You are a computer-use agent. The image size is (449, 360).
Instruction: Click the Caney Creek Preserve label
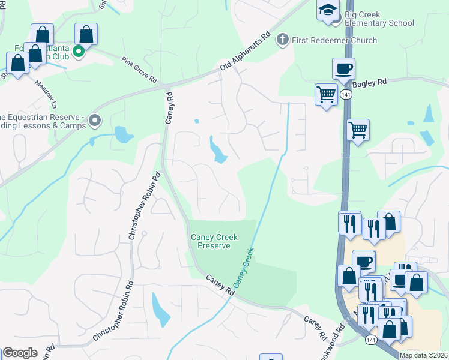tap(210, 241)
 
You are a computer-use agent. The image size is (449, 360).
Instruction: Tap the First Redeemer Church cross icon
tap(282, 40)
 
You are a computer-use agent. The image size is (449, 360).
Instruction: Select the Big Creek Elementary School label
tap(379, 19)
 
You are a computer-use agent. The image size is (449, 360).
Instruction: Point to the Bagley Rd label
tap(372, 86)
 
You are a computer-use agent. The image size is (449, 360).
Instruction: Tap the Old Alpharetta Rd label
tap(246, 52)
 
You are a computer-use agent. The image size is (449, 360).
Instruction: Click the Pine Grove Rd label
tap(139, 70)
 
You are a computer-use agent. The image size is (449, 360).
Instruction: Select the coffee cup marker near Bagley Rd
tap(343, 68)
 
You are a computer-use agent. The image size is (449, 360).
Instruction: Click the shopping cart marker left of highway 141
tap(325, 94)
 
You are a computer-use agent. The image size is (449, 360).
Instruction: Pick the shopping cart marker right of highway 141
tap(358, 129)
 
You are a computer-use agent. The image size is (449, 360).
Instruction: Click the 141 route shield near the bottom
tap(371, 340)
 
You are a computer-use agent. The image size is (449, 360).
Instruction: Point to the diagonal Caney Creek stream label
tap(244, 267)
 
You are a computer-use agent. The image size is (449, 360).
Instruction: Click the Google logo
tap(20, 353)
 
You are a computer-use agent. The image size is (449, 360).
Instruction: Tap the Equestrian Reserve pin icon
tap(94, 121)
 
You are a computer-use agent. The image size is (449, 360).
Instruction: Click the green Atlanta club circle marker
tap(78, 52)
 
